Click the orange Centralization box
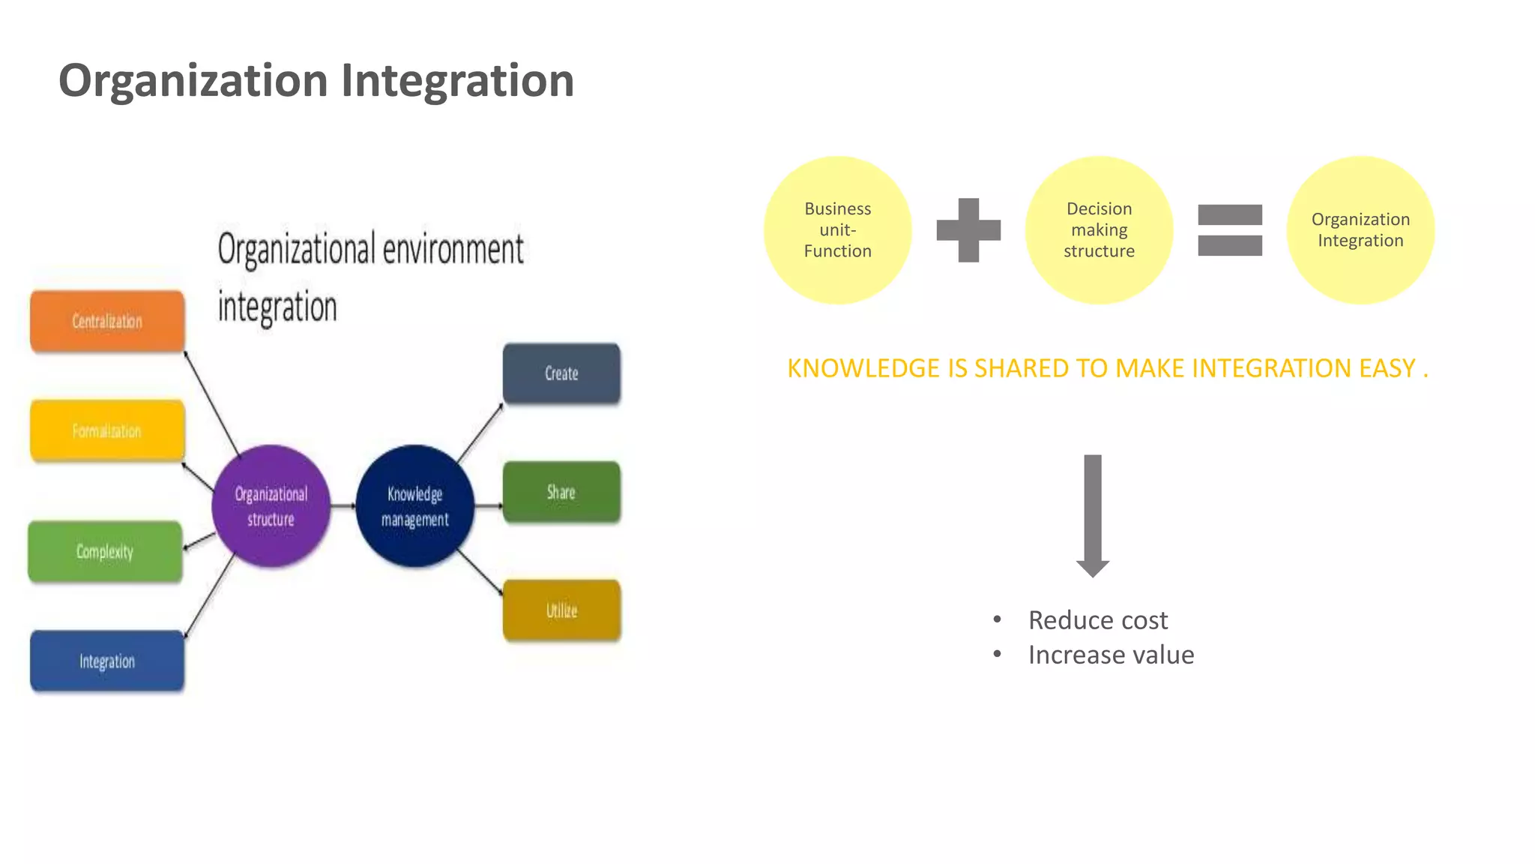pos(107,321)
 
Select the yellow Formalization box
pos(107,430)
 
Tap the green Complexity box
pos(105,551)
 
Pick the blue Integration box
pos(107,661)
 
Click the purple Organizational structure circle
pos(271,506)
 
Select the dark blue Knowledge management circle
pos(414,506)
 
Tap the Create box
pos(561,373)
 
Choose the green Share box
pos(561,492)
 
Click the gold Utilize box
pos(561,610)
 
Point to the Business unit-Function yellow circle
pos(837,230)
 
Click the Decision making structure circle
pos(1099,230)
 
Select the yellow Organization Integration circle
pos(1360,230)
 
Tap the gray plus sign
pos(968,230)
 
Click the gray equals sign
pos(1230,230)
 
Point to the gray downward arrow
pos(1093,514)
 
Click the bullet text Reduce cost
pos(1097,620)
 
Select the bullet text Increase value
pos(1111,655)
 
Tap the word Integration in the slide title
pos(457,80)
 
